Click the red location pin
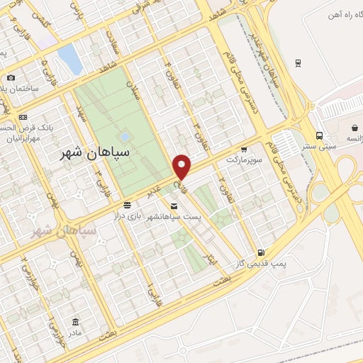[x=182, y=167]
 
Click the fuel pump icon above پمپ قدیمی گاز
[x=261, y=253]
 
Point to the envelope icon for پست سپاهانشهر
[x=174, y=206]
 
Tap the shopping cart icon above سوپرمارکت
[x=245, y=150]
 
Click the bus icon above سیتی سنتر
[x=320, y=135]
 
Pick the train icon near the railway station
[x=298, y=62]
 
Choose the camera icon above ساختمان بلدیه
[x=10, y=78]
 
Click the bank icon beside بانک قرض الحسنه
[x=23, y=117]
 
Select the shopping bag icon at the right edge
[x=355, y=128]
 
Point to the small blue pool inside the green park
[x=125, y=135]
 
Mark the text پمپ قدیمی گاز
[x=261, y=264]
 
